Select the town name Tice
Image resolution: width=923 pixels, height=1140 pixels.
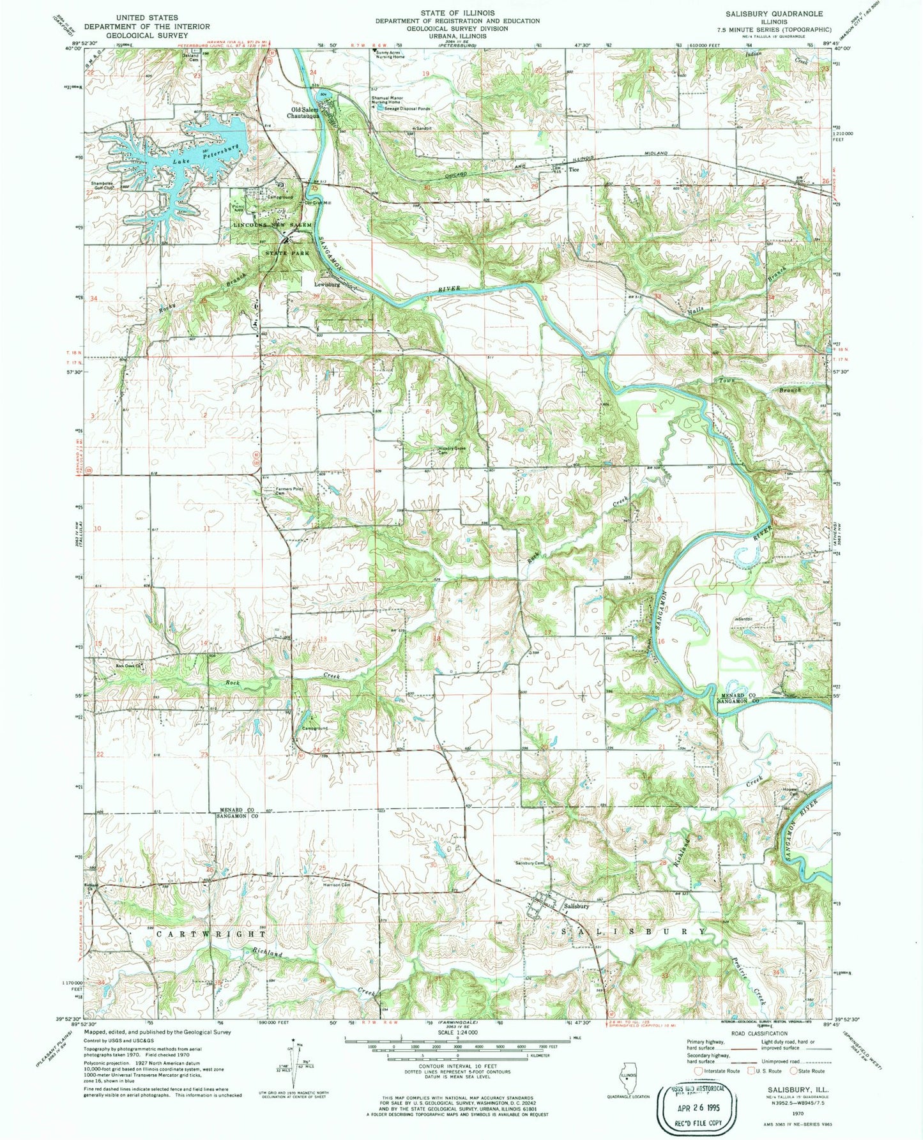click(x=574, y=170)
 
